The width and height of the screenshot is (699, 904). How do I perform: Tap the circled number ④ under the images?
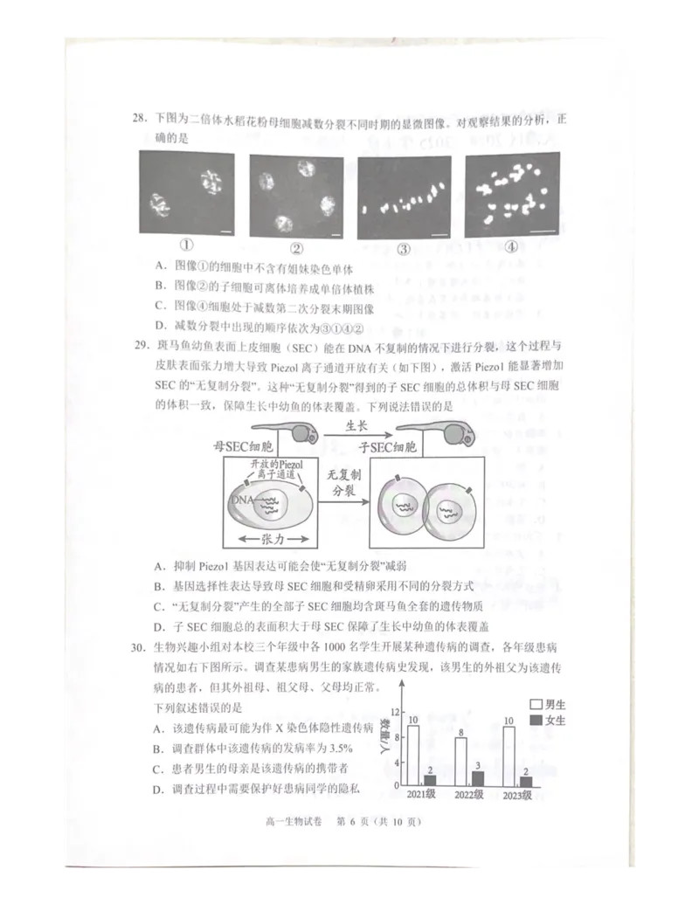tap(512, 248)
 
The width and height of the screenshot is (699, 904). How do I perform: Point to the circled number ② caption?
tap(296, 248)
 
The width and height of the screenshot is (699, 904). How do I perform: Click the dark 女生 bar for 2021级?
tap(429, 780)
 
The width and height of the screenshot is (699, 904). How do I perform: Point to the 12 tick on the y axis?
tap(395, 711)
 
